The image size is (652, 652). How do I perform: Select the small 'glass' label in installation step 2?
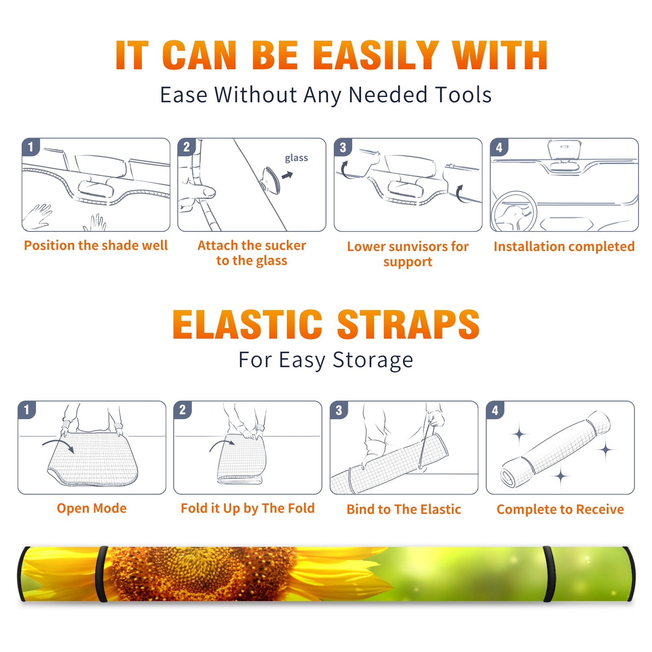(296, 158)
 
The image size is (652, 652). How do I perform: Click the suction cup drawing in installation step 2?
(270, 180)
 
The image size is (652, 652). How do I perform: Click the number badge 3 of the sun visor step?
(343, 147)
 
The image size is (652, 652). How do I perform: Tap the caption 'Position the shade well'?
(96, 245)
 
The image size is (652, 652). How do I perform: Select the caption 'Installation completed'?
(564, 247)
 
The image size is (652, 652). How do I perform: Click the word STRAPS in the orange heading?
(408, 324)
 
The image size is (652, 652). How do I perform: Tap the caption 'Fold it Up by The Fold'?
(248, 509)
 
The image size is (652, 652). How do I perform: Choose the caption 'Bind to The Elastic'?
(404, 509)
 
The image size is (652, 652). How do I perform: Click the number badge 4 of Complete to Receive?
(495, 410)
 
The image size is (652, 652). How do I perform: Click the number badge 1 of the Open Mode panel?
(27, 410)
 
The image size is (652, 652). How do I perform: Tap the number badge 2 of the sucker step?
(187, 147)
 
